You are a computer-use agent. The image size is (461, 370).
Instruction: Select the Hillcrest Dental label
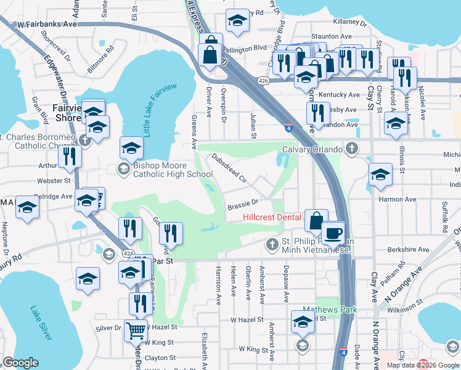click(272, 217)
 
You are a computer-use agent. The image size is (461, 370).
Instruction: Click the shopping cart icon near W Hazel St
click(136, 331)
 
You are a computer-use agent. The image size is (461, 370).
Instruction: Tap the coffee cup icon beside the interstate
click(334, 233)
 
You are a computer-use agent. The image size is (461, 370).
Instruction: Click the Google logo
click(20, 363)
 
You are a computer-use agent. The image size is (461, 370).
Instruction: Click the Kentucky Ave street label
click(346, 95)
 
